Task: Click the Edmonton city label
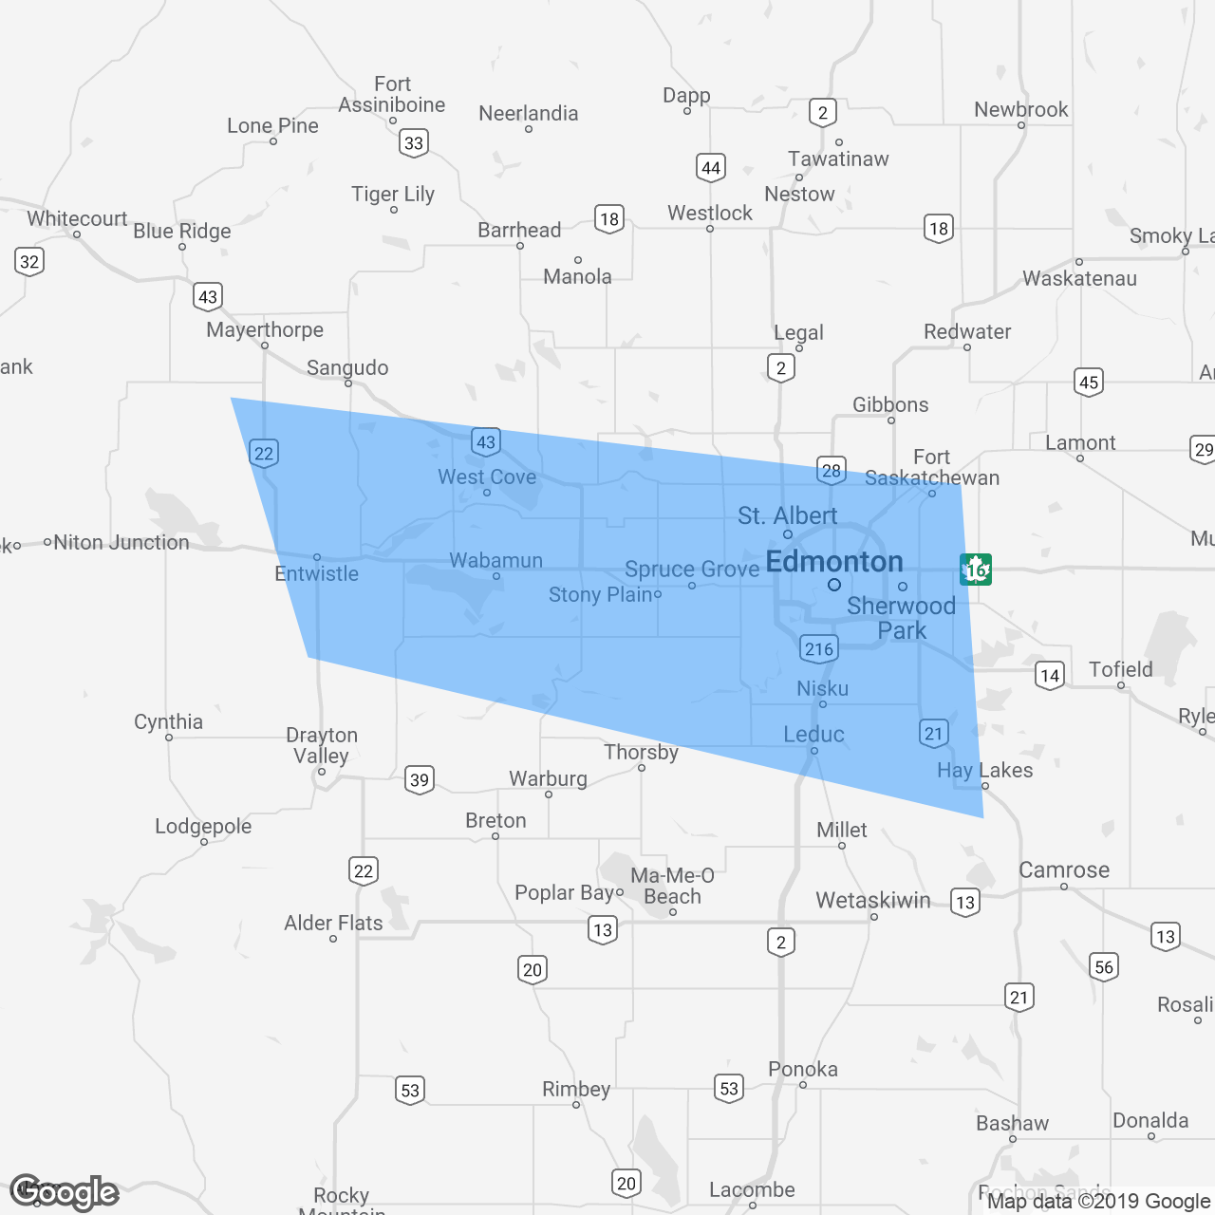click(x=833, y=562)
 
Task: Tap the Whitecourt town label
click(x=77, y=218)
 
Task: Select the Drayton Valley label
click(x=322, y=745)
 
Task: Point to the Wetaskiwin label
click(x=872, y=900)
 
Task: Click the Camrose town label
click(x=1064, y=869)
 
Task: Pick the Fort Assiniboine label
click(x=392, y=94)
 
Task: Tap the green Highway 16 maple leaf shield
click(x=975, y=570)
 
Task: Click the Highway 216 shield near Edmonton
click(x=818, y=649)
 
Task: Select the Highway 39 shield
click(x=419, y=780)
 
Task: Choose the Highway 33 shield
click(x=413, y=143)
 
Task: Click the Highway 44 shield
click(x=710, y=168)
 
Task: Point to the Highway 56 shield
click(x=1103, y=967)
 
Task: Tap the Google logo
click(x=65, y=1192)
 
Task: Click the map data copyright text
click(x=1098, y=1201)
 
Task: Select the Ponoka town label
click(x=803, y=1069)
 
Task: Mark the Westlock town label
click(x=709, y=213)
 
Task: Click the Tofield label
click(x=1121, y=669)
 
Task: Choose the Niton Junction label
click(x=121, y=542)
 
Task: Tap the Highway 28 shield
click(x=831, y=470)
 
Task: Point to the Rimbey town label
click(x=576, y=1089)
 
